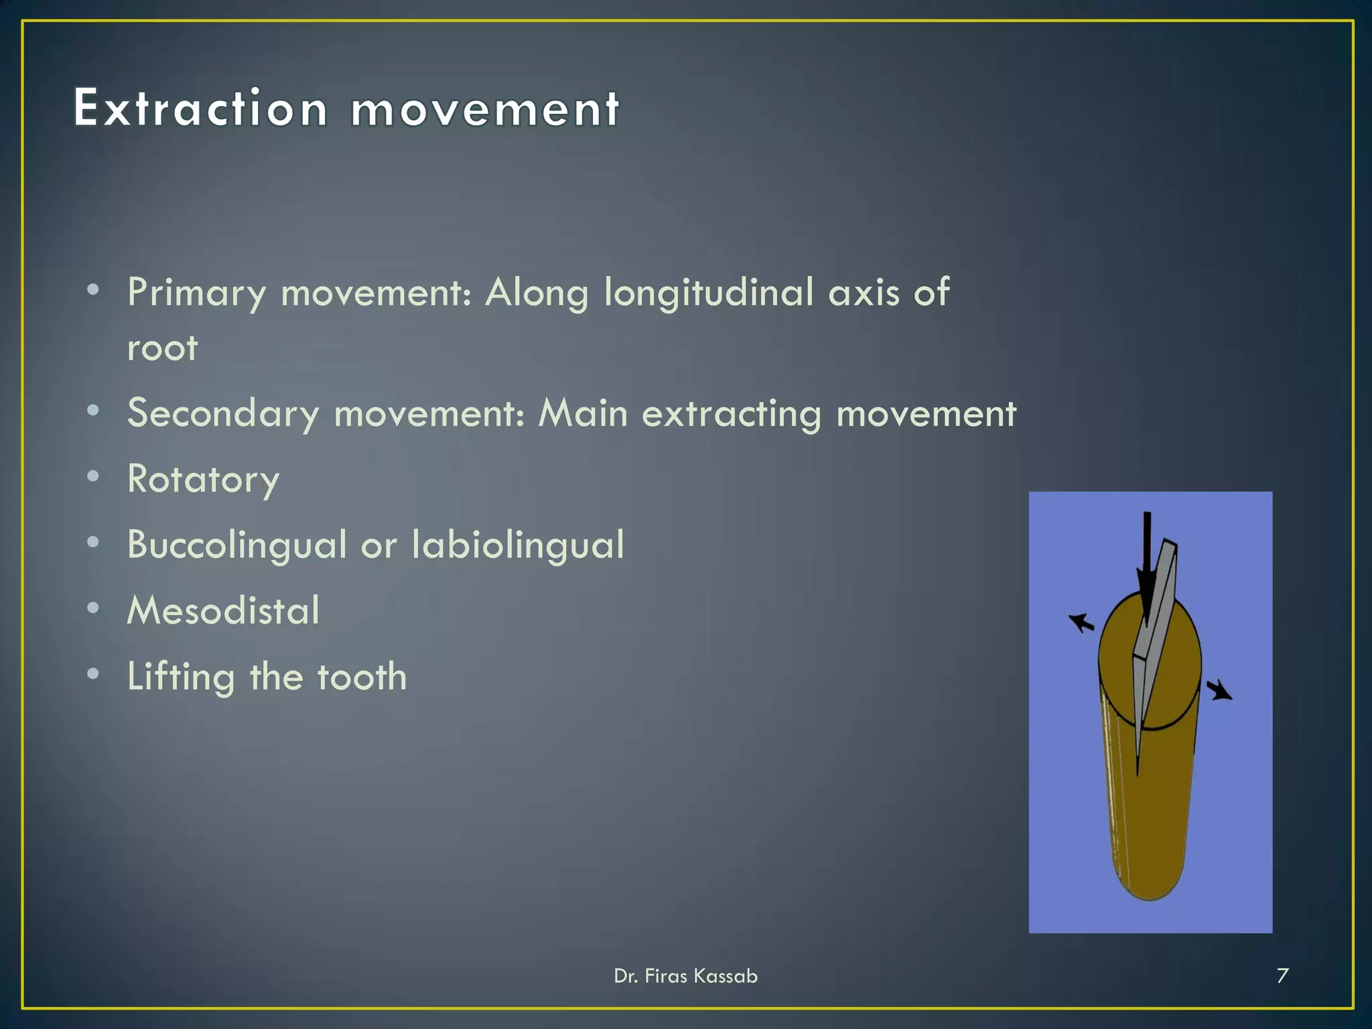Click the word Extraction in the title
(x=200, y=109)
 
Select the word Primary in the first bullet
(x=197, y=293)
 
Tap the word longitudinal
(x=709, y=293)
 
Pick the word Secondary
(x=223, y=414)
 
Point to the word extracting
(x=731, y=414)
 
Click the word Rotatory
(x=203, y=480)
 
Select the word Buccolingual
(x=237, y=545)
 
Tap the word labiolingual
(x=517, y=544)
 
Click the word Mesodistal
(x=223, y=610)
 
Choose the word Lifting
(x=181, y=677)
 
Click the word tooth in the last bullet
(x=362, y=677)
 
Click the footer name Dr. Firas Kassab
(x=685, y=976)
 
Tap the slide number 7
(x=1282, y=975)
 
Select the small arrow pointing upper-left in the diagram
(x=1081, y=623)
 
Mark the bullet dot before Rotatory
(x=93, y=476)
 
